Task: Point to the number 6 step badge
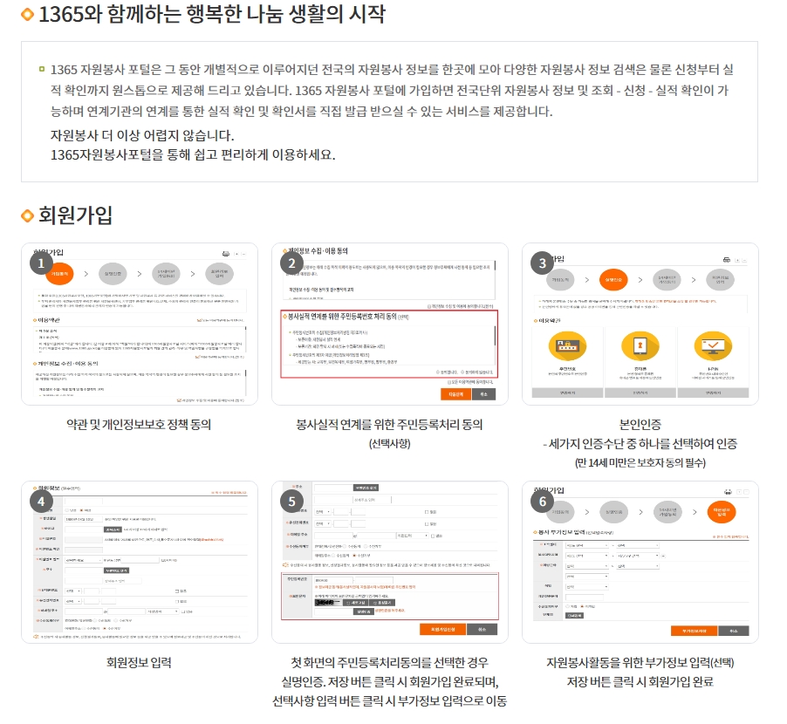(544, 501)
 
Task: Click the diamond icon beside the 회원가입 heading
(28, 215)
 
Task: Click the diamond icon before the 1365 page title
(28, 15)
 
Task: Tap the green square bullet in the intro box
(41, 68)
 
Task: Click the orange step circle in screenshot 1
(59, 273)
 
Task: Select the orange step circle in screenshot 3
(614, 280)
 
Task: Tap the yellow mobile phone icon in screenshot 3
(640, 345)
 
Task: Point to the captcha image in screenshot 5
(327, 603)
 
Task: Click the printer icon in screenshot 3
(725, 260)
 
